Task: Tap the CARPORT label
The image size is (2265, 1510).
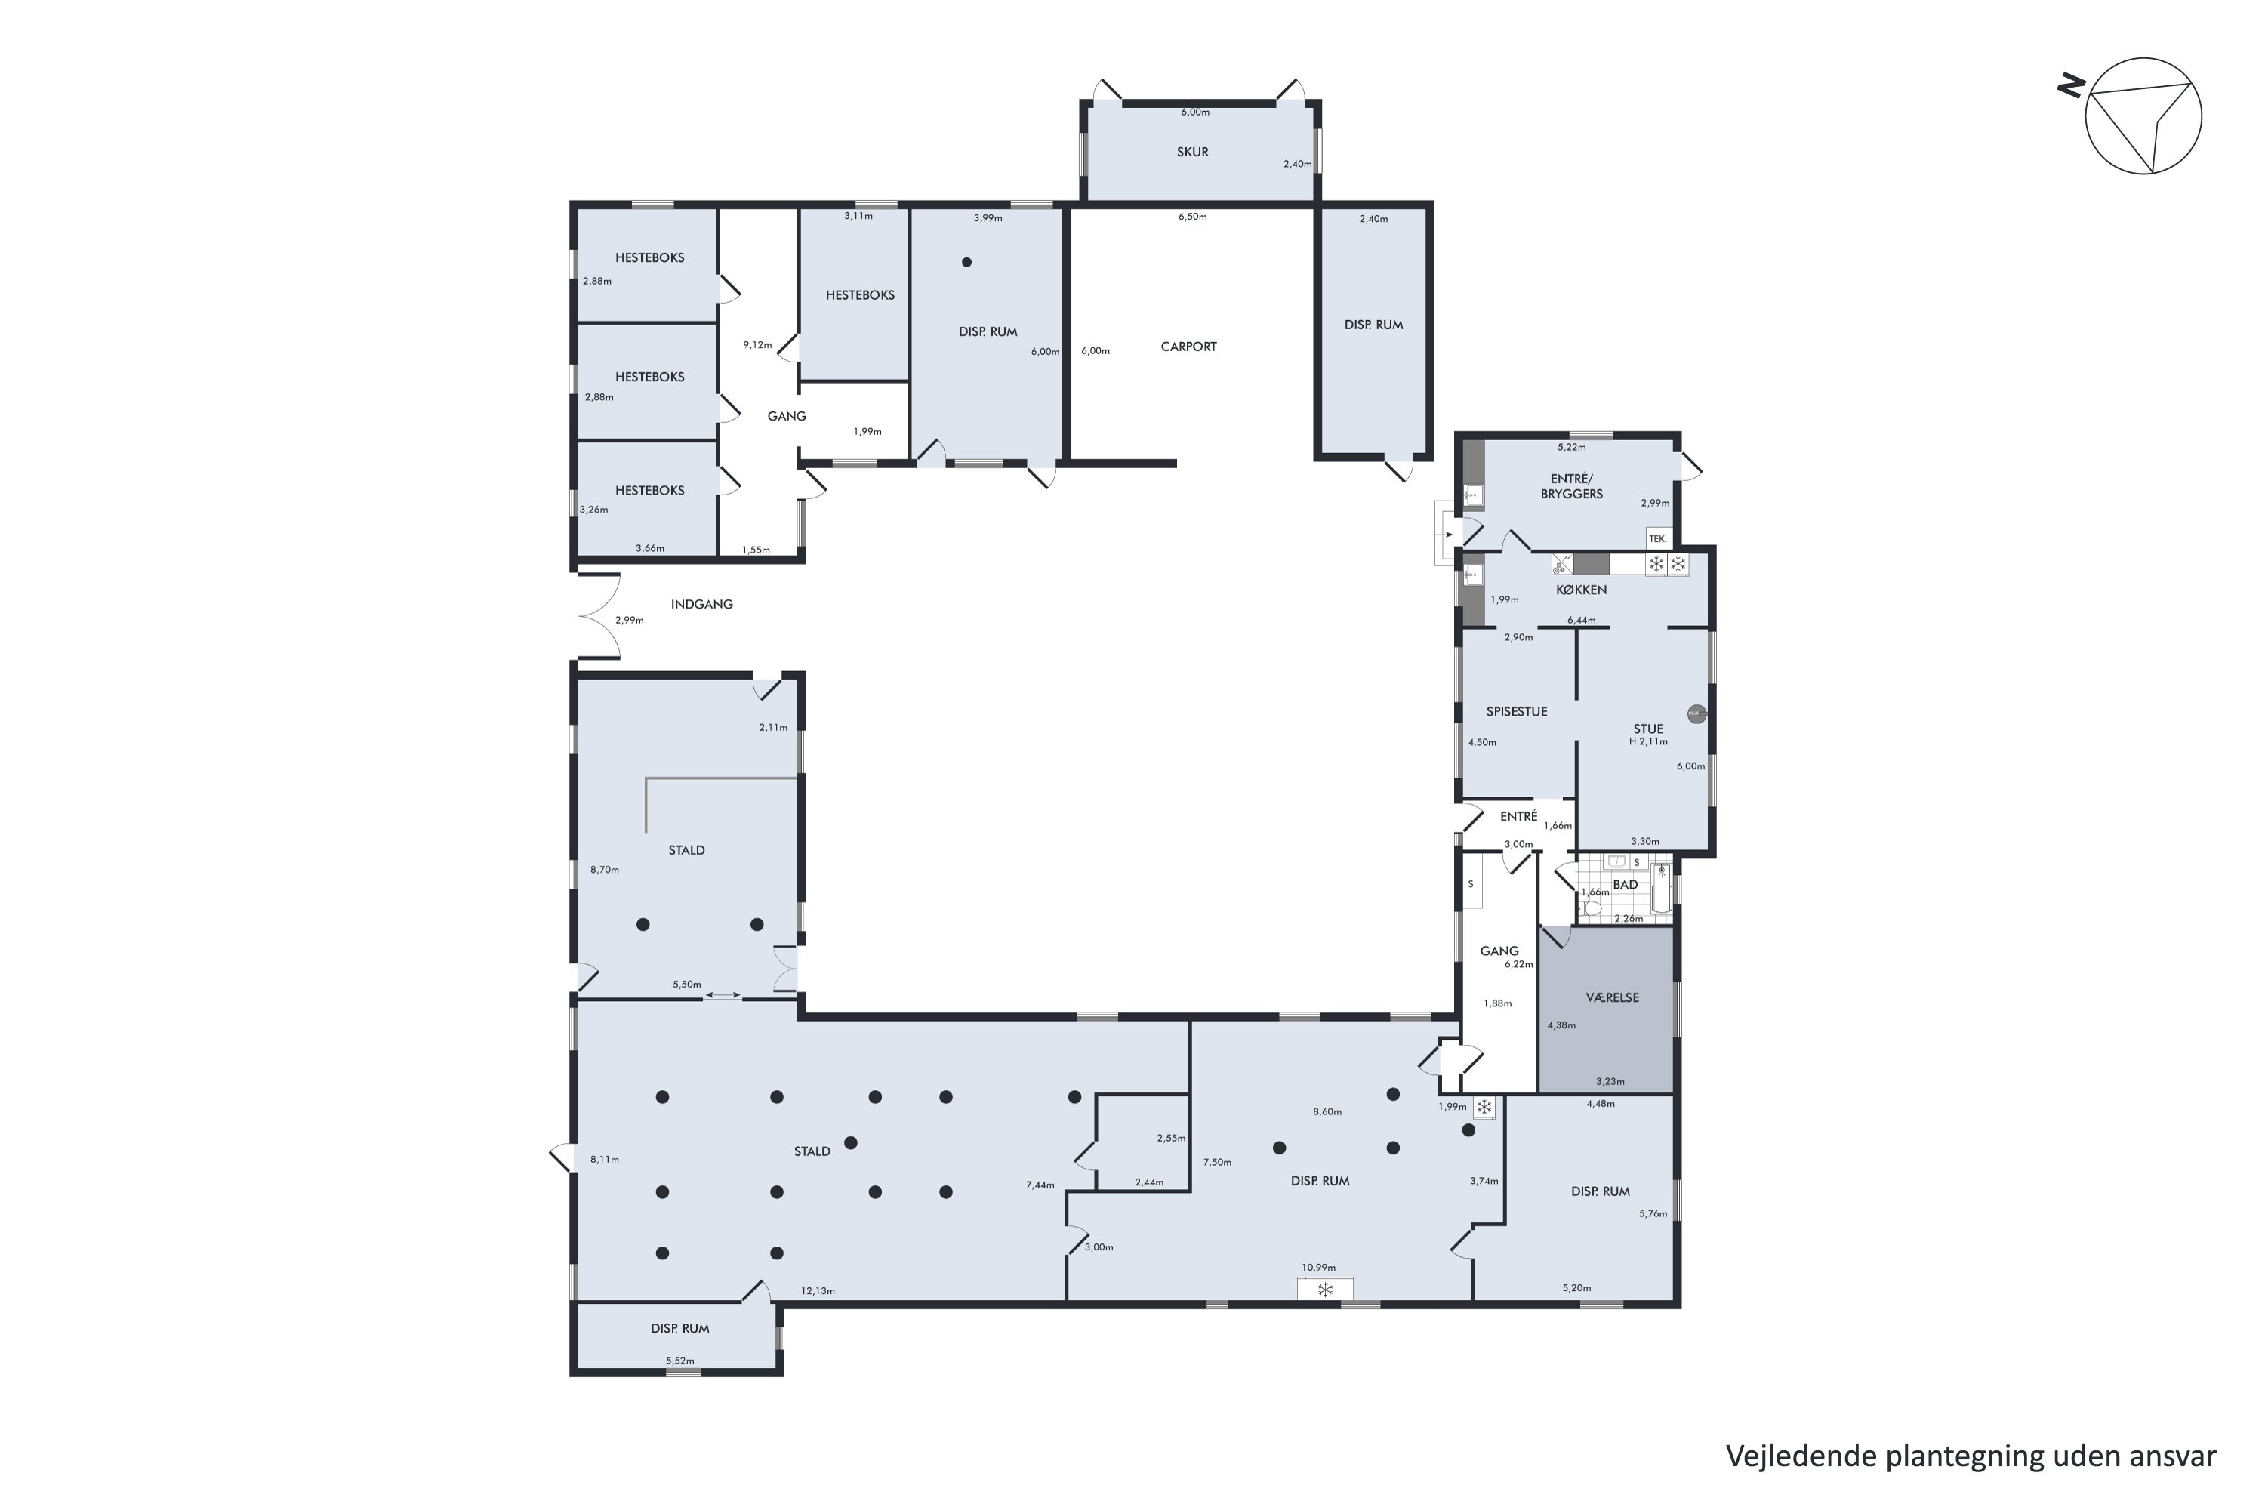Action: click(1188, 347)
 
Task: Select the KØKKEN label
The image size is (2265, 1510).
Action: click(1581, 590)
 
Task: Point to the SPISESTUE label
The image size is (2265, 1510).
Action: click(1517, 712)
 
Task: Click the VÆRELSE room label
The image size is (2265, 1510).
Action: click(1612, 997)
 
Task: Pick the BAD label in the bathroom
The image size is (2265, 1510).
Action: click(1626, 884)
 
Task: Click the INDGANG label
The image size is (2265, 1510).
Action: click(702, 605)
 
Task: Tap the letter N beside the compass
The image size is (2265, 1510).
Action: click(2072, 88)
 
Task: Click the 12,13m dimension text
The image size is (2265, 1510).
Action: click(818, 1290)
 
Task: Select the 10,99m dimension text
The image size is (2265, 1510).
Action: click(1318, 1268)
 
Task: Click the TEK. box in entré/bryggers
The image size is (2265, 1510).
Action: click(1657, 538)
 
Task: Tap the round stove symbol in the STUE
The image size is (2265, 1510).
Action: click(1696, 714)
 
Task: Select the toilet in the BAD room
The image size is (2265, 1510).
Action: click(1591, 908)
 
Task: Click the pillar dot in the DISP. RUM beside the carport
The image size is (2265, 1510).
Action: click(967, 262)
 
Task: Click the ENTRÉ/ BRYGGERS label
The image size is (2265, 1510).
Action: click(1572, 486)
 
